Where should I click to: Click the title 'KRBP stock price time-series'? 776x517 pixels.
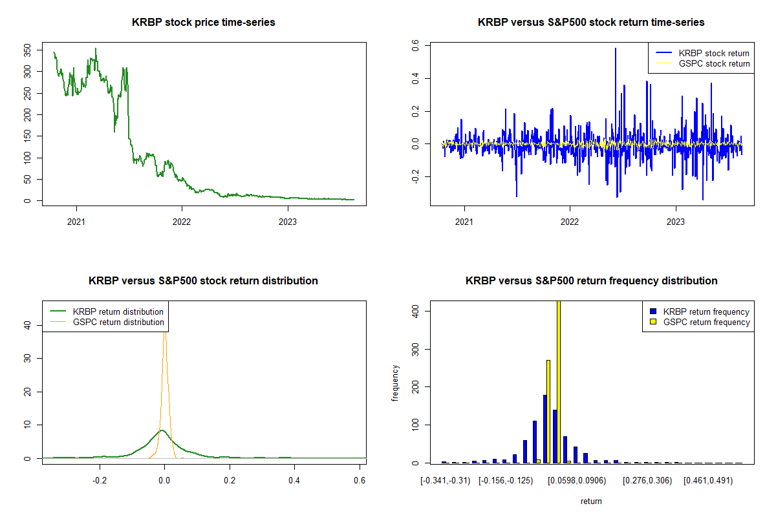(x=203, y=22)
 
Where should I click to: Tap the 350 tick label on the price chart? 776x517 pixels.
(x=27, y=50)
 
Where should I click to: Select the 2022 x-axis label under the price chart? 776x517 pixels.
(x=182, y=222)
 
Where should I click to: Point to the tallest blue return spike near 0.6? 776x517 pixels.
(x=616, y=49)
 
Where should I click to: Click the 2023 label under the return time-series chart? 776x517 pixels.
(x=676, y=222)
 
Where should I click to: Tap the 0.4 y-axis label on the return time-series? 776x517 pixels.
(x=415, y=79)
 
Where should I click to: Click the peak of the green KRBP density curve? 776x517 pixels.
(x=162, y=430)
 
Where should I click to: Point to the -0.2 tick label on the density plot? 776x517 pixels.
(x=100, y=480)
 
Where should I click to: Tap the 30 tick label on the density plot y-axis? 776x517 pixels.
(x=27, y=358)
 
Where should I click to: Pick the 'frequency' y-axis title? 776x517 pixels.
(x=395, y=383)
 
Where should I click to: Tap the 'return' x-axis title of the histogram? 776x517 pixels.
(x=591, y=501)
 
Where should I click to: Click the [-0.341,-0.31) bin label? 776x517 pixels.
(x=445, y=481)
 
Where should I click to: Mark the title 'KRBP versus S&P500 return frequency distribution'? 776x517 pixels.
(x=591, y=280)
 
